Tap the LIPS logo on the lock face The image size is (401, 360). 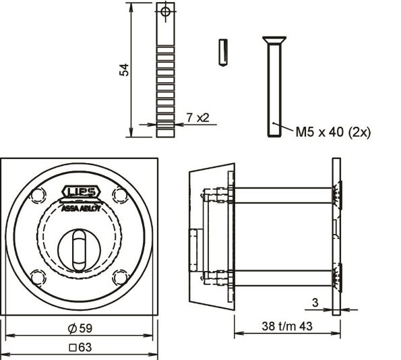coord(81,192)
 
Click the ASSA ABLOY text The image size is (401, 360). coord(81,208)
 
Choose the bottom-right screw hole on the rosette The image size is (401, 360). coord(121,276)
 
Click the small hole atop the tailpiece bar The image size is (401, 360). coord(165,11)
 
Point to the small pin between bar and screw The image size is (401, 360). coord(222,53)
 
